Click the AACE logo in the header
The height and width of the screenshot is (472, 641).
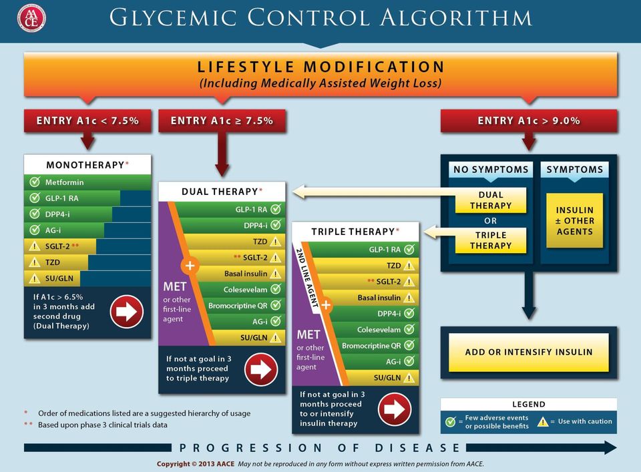tap(31, 19)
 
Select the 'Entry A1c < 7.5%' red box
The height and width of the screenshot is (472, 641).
tap(87, 121)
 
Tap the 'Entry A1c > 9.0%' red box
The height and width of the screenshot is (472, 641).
tap(529, 121)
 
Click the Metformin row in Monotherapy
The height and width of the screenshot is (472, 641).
tap(87, 182)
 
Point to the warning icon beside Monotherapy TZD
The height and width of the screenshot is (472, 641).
tap(35, 262)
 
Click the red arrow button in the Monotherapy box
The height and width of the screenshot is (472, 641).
tap(126, 312)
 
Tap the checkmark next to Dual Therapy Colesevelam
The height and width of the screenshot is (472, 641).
tap(276, 289)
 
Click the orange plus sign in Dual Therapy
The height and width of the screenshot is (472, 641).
tap(190, 266)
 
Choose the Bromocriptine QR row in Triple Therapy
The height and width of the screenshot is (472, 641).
tap(377, 345)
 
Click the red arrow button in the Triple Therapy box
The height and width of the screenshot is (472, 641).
tap(395, 409)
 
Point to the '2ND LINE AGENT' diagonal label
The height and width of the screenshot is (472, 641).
tap(307, 278)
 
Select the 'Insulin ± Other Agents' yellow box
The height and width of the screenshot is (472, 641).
tap(574, 221)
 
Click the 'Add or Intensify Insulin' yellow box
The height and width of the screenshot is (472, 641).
tap(529, 352)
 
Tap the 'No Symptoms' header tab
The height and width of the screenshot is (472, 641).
tap(491, 169)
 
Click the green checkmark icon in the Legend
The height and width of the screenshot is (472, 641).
tap(451, 421)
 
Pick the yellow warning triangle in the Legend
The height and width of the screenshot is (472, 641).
tap(542, 421)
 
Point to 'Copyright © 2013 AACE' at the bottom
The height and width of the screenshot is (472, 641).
tap(196, 464)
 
